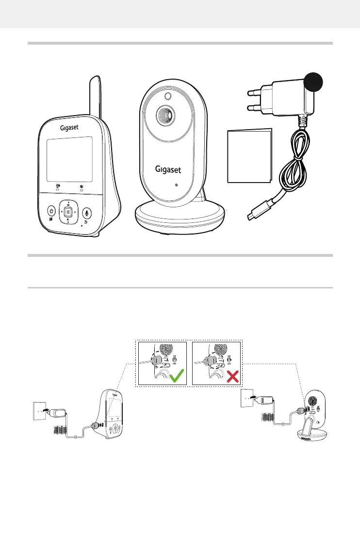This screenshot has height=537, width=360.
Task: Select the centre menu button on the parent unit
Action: coord(68,212)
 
